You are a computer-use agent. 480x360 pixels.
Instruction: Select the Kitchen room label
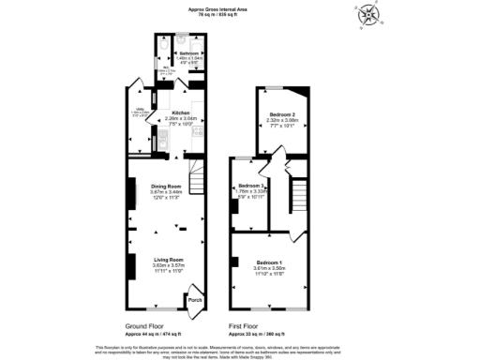(x=181, y=112)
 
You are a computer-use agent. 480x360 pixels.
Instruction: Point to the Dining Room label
(x=167, y=187)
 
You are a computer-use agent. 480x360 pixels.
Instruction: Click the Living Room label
(x=169, y=259)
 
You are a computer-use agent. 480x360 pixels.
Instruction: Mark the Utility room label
(x=137, y=110)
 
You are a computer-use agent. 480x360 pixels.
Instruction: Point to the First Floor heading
(x=247, y=326)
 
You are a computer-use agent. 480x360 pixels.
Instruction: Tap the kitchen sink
(x=161, y=140)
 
